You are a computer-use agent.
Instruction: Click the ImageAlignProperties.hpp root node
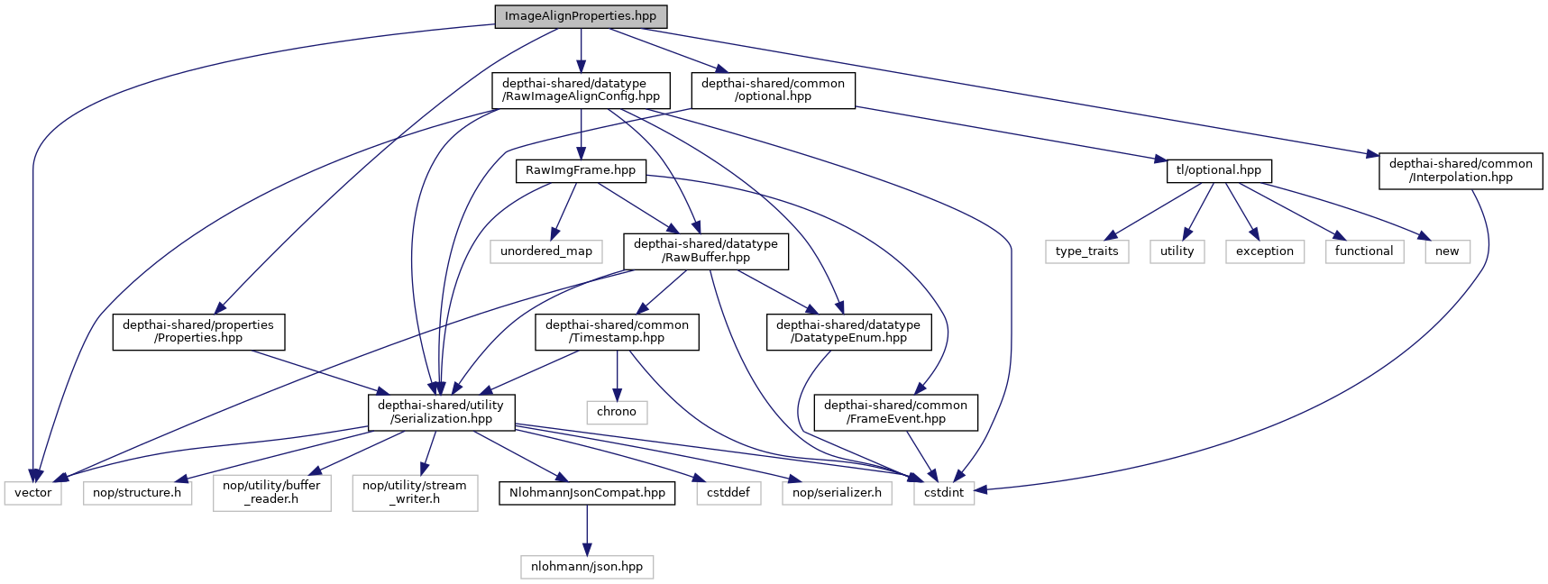point(581,16)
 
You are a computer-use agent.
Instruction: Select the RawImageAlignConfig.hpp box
point(581,90)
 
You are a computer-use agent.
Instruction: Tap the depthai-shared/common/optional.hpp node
point(773,90)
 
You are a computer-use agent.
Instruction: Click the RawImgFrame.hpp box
point(581,170)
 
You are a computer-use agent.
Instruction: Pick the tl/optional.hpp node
point(1218,170)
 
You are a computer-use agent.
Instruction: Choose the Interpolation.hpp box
point(1460,170)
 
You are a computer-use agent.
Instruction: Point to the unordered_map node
point(546,251)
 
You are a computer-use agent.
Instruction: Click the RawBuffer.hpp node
point(705,251)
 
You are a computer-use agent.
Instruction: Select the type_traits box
point(1086,251)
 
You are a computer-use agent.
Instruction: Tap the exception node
point(1264,251)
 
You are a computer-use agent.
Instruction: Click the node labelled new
point(1446,251)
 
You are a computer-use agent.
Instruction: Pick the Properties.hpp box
point(198,332)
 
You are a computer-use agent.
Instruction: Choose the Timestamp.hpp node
point(617,332)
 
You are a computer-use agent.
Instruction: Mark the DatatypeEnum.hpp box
point(847,332)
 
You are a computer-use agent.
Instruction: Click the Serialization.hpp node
point(441,412)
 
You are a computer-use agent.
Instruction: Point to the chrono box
point(617,412)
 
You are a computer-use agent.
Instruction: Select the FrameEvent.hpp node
point(895,412)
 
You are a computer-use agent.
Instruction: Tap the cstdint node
point(944,493)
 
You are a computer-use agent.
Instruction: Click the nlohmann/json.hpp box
point(587,567)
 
